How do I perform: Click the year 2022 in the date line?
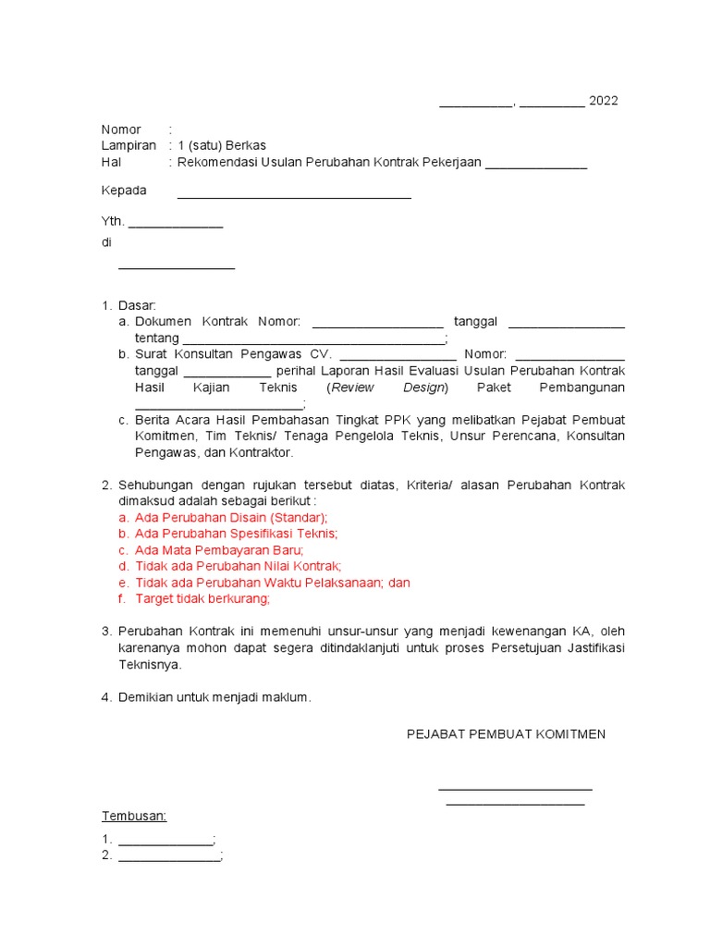[x=603, y=101]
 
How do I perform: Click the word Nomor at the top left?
[x=121, y=129]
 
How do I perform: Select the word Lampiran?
[x=129, y=146]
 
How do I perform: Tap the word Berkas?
[x=247, y=146]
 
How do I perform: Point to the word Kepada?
[x=124, y=191]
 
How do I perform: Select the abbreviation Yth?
[x=112, y=222]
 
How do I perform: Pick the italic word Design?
[x=425, y=387]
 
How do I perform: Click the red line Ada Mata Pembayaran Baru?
[x=219, y=549]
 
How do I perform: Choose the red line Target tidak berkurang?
[x=202, y=598]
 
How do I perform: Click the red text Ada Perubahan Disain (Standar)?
[x=231, y=517]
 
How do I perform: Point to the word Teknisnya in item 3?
[x=150, y=664]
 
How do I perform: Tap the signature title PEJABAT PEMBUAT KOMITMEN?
[x=507, y=733]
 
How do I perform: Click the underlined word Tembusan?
[x=133, y=817]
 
